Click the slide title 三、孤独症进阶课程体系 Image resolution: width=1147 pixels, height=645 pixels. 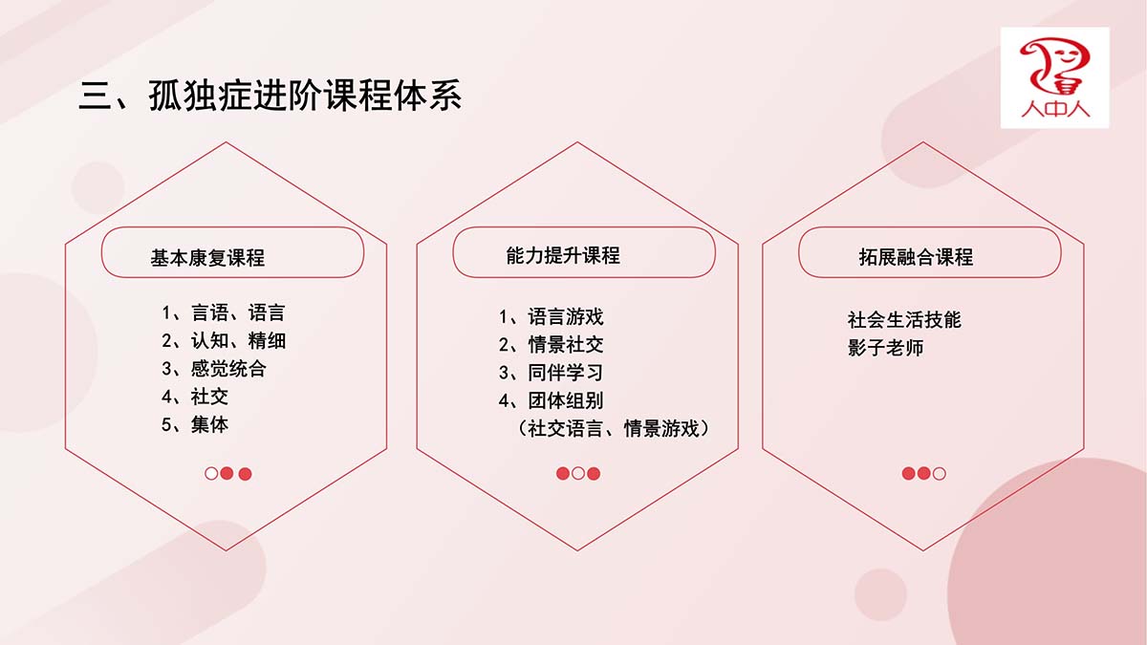pos(270,96)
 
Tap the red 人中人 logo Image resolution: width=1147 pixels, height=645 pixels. pos(1055,77)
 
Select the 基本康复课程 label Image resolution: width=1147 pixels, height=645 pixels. pos(207,257)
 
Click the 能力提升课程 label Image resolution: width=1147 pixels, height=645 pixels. pos(563,255)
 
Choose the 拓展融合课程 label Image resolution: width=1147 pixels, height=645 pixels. pos(916,257)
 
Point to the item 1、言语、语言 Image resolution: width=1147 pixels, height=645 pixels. pos(224,312)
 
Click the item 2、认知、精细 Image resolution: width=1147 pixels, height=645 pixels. pos(224,340)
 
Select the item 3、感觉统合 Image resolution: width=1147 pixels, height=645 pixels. pos(214,369)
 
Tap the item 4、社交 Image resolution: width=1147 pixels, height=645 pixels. pos(195,397)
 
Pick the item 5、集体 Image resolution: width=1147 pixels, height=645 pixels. pos(195,424)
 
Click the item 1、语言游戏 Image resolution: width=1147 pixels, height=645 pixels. pos(551,316)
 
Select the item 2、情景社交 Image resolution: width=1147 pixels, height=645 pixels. pos(551,345)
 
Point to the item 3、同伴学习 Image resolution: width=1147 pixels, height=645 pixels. pos(551,373)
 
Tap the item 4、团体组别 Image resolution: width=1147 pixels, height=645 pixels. pos(551,400)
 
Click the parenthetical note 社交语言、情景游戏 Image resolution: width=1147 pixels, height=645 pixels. pos(614,428)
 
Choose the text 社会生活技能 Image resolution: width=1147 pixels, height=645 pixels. pos(904,319)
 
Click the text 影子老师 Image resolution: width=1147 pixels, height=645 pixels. pos(885,348)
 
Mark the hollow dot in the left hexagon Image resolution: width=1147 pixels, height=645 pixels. pos(211,474)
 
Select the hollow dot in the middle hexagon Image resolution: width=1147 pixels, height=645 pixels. pos(578,474)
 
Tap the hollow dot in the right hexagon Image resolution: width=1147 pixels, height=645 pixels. pos(939,474)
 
